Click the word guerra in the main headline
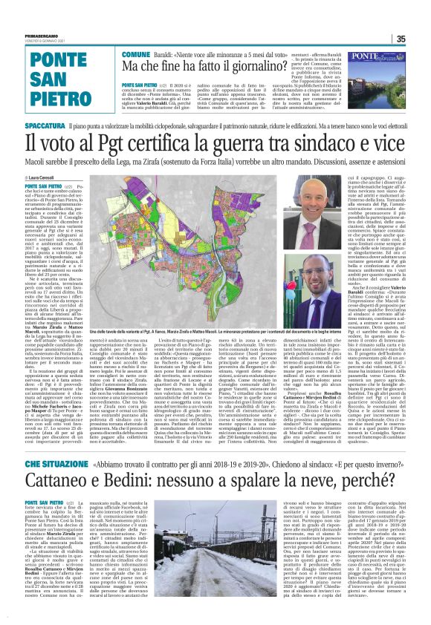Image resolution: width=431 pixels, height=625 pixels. click(x=246, y=143)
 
